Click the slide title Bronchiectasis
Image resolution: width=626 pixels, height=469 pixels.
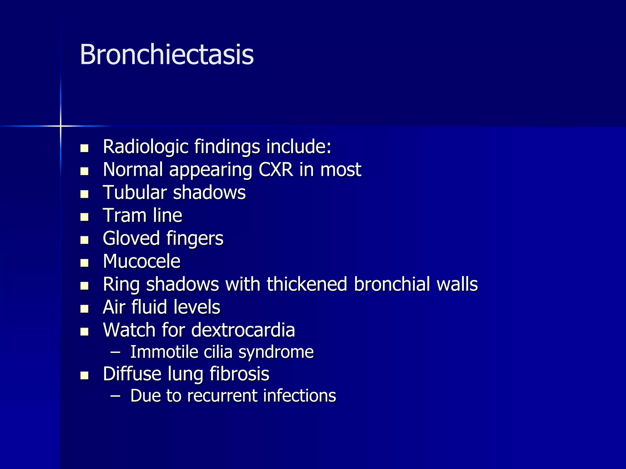167,55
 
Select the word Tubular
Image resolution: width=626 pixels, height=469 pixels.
135,193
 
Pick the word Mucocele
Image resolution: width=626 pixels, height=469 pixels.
142,262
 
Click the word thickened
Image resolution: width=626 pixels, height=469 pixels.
307,284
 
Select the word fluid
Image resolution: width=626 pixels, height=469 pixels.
149,307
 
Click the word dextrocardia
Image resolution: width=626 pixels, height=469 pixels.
243,330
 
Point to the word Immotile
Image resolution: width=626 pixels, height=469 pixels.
164,352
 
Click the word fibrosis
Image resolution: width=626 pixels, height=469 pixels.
239,374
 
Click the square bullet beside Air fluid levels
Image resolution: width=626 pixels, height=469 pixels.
84,309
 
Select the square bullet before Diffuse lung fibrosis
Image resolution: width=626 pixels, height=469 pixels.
84,375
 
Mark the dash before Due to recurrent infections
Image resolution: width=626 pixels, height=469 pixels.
115,396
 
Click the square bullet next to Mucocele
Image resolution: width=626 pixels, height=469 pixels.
84,263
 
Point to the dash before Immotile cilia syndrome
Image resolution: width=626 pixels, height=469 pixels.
115,352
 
